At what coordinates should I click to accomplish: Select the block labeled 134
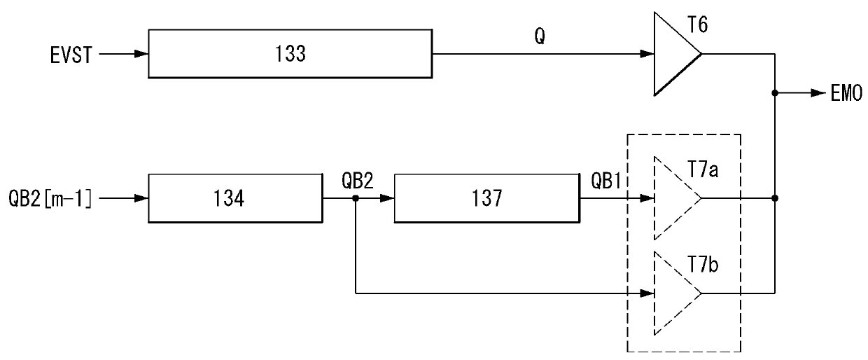[235, 198]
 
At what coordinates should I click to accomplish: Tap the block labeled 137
[487, 198]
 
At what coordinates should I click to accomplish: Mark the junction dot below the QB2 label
[356, 198]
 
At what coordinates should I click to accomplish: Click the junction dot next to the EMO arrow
[775, 92]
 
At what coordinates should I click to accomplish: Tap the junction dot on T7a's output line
[775, 198]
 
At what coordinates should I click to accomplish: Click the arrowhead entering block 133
[142, 54]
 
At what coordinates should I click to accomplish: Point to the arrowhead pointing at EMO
[819, 92]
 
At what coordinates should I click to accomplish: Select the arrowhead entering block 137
[388, 198]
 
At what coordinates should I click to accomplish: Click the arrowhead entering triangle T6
[647, 54]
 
